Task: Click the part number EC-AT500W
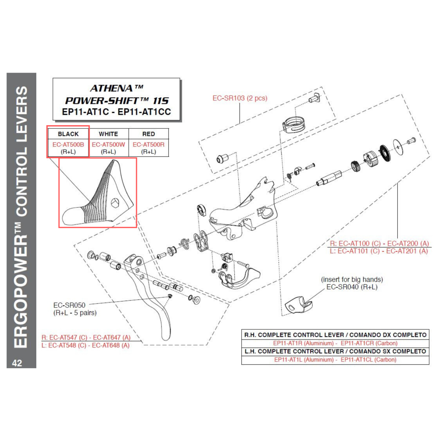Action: tap(108, 144)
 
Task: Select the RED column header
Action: tap(149, 134)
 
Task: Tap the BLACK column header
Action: tap(68, 134)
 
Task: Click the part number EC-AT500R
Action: tap(149, 144)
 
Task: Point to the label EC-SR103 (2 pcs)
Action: tap(240, 98)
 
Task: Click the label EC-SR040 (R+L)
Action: tap(351, 287)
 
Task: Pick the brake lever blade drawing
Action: tap(152, 305)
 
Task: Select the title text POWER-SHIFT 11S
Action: tap(117, 101)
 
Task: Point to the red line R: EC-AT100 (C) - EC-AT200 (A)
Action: tap(379, 243)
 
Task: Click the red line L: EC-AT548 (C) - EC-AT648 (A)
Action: tap(85, 345)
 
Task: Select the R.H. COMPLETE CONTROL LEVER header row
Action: tap(335, 335)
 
